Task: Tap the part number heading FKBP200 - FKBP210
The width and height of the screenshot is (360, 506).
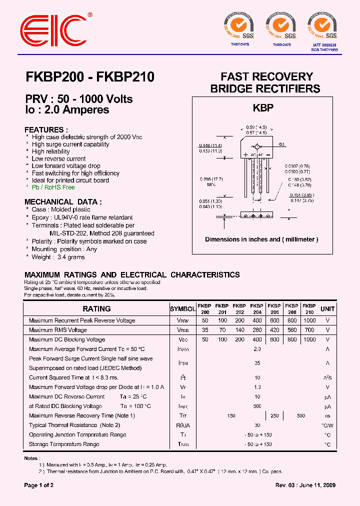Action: click(x=89, y=77)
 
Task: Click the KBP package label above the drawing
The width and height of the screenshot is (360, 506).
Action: click(x=262, y=107)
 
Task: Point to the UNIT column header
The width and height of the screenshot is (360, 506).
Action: click(x=327, y=309)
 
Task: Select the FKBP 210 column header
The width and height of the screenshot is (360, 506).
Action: click(x=309, y=308)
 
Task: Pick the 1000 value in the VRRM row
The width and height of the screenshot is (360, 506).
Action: click(x=309, y=320)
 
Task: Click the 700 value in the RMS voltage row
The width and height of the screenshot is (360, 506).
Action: click(x=309, y=330)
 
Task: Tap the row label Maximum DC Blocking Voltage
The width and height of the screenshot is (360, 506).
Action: click(x=67, y=339)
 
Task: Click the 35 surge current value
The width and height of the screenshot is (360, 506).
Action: click(x=257, y=363)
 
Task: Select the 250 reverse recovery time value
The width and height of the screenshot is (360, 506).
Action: click(x=274, y=416)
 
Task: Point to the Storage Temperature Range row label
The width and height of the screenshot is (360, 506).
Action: click(x=64, y=444)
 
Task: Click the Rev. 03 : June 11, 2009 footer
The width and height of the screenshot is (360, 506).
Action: click(x=305, y=485)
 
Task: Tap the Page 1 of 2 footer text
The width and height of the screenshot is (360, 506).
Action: click(x=39, y=485)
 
